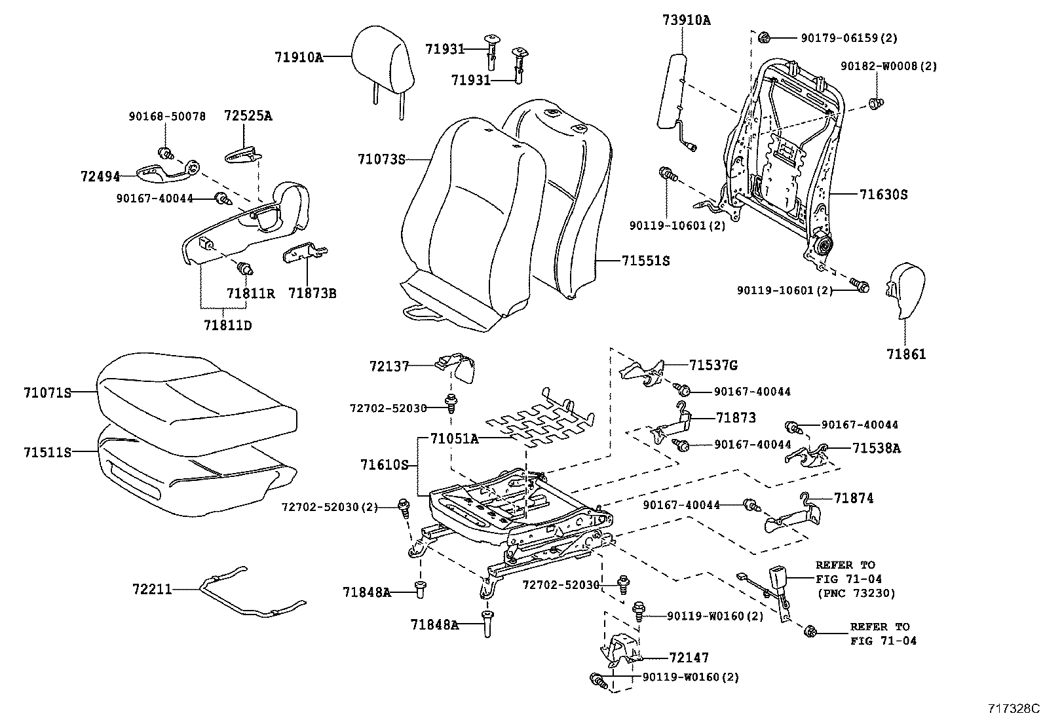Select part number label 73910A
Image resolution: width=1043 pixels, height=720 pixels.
(x=685, y=20)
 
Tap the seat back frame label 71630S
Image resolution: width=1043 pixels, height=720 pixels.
(x=883, y=195)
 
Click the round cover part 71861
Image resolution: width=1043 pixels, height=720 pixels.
(x=905, y=291)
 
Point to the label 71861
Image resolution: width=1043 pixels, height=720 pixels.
(x=906, y=354)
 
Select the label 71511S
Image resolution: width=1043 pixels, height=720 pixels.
(x=47, y=452)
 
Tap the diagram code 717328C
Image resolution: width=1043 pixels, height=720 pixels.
(x=1014, y=708)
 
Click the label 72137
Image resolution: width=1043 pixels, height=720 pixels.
(x=389, y=367)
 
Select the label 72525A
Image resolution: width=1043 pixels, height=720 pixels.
(x=248, y=116)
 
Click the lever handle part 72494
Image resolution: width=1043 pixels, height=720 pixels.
(x=167, y=172)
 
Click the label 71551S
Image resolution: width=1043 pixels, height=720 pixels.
(x=645, y=261)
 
